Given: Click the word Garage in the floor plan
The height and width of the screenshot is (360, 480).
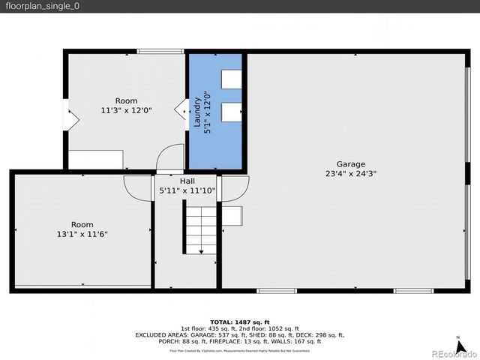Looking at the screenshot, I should click(350, 163).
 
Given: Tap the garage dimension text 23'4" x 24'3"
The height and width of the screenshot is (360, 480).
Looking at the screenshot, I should click(350, 173).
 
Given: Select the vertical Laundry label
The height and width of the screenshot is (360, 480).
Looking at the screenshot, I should click(199, 112).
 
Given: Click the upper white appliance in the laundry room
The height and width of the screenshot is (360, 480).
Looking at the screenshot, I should click(232, 79).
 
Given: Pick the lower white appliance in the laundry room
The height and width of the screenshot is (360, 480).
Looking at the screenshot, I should click(232, 111).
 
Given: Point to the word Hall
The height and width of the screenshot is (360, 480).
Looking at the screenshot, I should click(187, 181).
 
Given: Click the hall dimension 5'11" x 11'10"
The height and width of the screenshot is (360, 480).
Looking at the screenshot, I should click(187, 190).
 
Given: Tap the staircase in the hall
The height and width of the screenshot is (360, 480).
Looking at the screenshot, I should click(200, 229).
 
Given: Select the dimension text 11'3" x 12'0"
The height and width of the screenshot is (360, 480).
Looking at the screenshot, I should click(126, 110).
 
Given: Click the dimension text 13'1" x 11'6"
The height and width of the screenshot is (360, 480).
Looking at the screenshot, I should click(82, 234).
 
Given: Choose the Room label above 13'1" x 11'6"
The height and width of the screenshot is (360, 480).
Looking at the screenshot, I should click(82, 224).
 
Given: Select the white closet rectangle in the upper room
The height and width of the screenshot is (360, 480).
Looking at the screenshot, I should click(96, 159).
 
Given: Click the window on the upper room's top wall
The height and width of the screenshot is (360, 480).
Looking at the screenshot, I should click(160, 52).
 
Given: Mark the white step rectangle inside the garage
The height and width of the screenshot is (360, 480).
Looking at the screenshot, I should click(232, 215).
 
